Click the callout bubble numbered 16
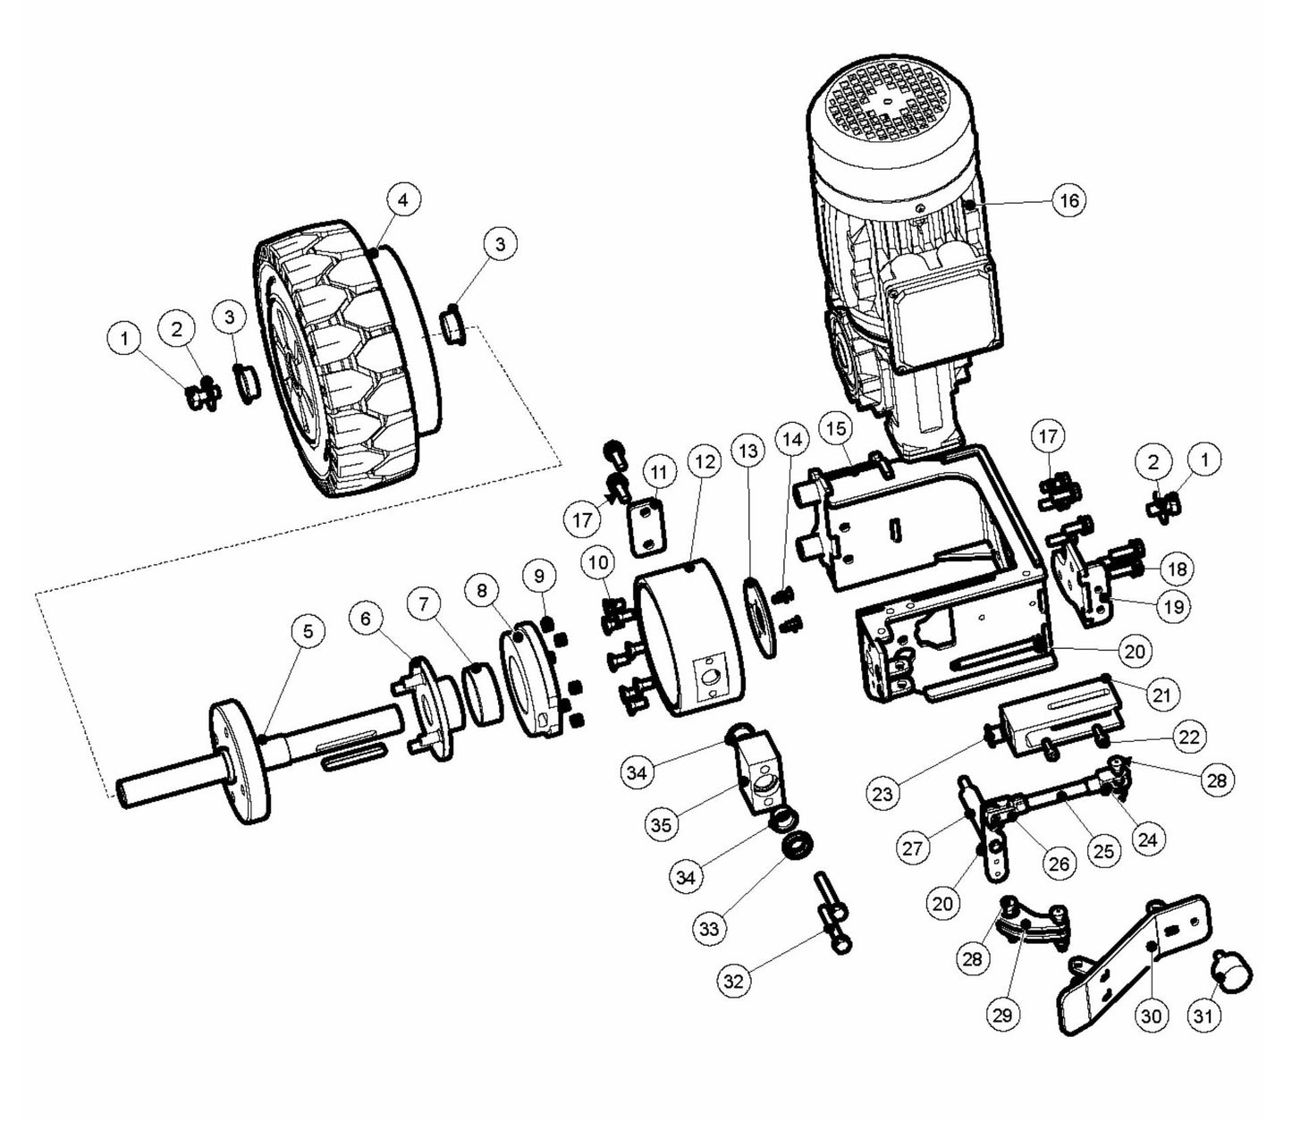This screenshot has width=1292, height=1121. [x=1069, y=200]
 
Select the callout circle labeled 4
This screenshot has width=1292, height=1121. [x=403, y=200]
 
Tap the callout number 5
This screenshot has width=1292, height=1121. [x=308, y=632]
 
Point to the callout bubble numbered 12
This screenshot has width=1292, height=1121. [x=705, y=461]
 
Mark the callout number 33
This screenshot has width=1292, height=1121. [x=708, y=930]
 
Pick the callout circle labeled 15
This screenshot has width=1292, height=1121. [x=836, y=429]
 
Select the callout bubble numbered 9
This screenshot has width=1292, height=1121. [x=539, y=576]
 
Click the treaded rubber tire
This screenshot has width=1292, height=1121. [x=340, y=358]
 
